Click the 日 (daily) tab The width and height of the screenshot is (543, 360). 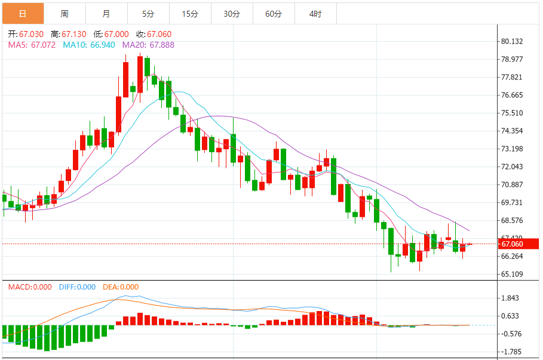[x=23, y=14]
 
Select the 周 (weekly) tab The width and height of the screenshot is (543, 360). [x=65, y=14]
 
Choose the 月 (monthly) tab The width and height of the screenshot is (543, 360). [x=106, y=14]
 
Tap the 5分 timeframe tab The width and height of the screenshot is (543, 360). [x=148, y=14]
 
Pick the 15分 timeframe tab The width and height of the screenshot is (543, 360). [x=190, y=14]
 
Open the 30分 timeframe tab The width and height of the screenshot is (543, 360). [x=232, y=14]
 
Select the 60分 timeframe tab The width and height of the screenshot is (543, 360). [x=274, y=14]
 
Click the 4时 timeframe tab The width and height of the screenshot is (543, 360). [x=315, y=14]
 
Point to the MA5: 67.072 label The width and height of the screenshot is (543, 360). [x=32, y=45]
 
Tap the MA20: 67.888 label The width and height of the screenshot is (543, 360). [x=148, y=45]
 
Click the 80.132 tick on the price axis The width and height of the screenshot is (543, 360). [x=512, y=41]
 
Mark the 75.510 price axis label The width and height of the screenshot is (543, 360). [x=512, y=113]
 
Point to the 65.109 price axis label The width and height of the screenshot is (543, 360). [x=512, y=274]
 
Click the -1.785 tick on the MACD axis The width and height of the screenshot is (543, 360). [x=512, y=352]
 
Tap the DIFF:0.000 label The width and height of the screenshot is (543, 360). [x=77, y=287]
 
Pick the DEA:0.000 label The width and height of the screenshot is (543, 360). [x=121, y=287]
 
